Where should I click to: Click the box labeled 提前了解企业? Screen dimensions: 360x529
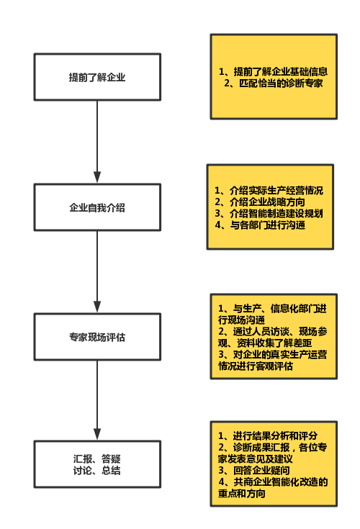point(97,77)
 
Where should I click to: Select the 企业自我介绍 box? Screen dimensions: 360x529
point(97,207)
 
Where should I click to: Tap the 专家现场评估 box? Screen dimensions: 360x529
point(97,337)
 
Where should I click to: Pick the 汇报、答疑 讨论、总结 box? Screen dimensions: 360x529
point(97,464)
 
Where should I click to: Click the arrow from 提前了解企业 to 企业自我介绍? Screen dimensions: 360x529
point(97,142)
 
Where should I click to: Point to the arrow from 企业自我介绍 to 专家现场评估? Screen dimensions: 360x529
point(97,272)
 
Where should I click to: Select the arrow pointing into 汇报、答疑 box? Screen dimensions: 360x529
point(97,400)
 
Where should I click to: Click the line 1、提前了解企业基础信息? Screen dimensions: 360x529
point(274,71)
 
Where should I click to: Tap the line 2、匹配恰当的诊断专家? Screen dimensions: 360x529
point(274,83)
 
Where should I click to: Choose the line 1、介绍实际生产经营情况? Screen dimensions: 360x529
point(269,191)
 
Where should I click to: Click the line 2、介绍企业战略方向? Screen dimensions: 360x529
point(260,202)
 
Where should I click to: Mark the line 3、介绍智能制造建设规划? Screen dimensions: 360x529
point(269,214)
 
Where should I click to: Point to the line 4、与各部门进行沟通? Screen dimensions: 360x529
point(260,225)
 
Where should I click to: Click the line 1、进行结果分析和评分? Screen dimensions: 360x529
point(268,436)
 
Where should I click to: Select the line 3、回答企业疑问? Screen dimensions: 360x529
point(254,470)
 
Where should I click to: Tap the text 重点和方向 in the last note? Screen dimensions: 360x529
point(242,493)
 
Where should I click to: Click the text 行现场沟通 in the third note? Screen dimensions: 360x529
point(242,320)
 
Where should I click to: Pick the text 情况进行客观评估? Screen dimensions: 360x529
point(256,366)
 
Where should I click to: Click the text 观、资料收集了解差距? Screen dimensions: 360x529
point(265,343)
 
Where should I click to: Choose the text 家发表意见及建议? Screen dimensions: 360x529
point(256,459)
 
